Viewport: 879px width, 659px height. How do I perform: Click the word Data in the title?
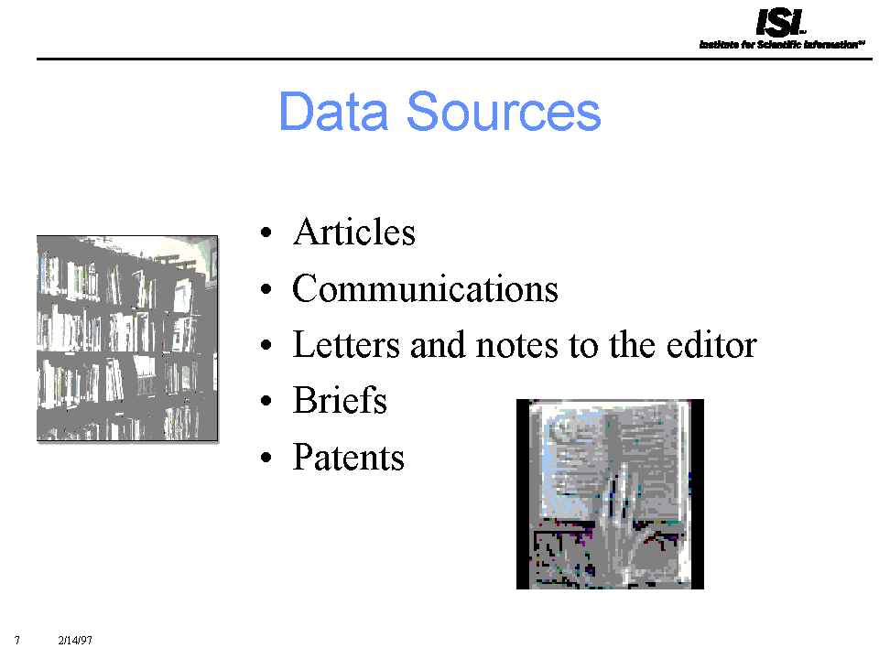tap(333, 111)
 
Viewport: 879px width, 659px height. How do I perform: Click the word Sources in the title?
tap(504, 112)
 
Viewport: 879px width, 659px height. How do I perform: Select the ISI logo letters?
tap(780, 22)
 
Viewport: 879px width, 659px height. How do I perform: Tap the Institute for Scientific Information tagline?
tap(781, 44)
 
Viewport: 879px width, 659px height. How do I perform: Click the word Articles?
tap(353, 232)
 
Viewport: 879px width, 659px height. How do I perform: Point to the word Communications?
tap(425, 288)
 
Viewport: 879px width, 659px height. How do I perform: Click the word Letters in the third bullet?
tap(346, 344)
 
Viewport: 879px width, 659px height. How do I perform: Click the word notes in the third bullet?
tap(516, 345)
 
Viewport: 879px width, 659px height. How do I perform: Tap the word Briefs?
tap(340, 400)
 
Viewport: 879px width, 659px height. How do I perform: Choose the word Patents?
tap(348, 457)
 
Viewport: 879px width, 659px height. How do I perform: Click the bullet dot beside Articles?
tap(266, 232)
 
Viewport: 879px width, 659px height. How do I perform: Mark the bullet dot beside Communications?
tap(266, 289)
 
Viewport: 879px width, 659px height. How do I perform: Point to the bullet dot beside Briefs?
tap(266, 401)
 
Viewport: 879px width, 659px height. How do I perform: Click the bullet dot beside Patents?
tap(266, 458)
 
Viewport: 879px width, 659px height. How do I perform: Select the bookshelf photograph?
tap(127, 339)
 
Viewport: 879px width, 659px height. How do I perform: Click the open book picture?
tap(610, 493)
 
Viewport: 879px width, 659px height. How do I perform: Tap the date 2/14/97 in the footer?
tap(75, 640)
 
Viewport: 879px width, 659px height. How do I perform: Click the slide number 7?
tap(17, 640)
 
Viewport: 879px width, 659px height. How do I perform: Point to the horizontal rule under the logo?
tap(454, 59)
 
